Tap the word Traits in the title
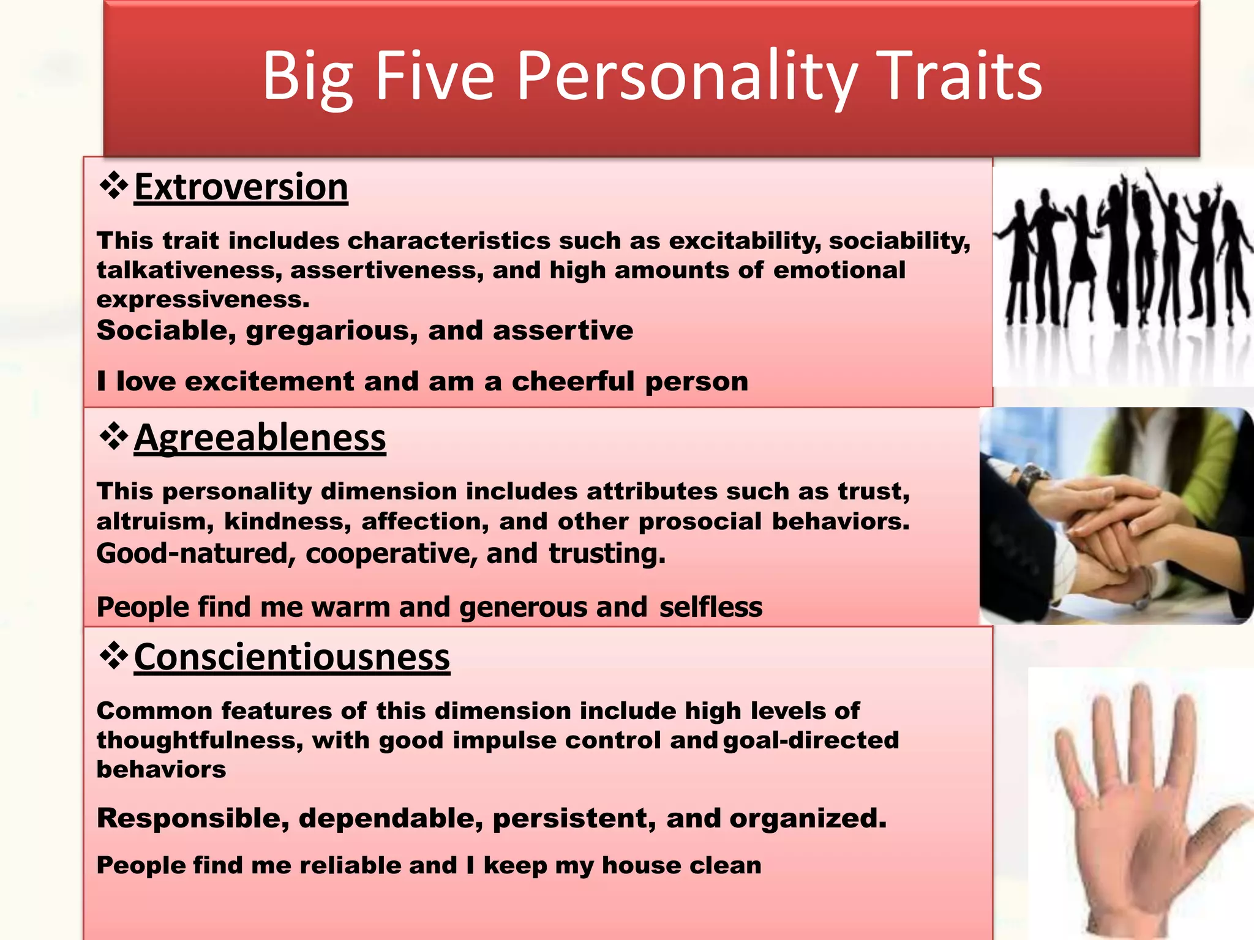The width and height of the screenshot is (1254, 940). point(959,76)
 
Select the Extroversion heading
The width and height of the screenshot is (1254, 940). point(241,187)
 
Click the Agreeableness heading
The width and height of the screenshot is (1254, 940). point(260,438)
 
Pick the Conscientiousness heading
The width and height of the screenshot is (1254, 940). point(291,657)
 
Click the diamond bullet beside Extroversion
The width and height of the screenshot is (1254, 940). point(114,185)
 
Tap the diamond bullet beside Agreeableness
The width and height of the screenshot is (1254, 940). point(114,437)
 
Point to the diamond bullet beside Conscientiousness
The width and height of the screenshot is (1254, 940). point(114,656)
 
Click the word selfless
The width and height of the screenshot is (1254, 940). point(711,607)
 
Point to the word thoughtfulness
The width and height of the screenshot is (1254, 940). point(200,740)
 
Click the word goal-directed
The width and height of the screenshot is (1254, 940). point(811,740)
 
